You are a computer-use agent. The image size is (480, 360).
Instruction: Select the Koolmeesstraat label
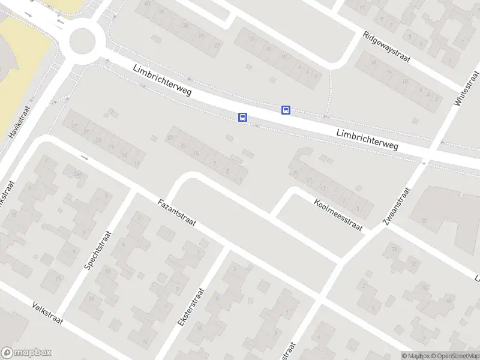338,215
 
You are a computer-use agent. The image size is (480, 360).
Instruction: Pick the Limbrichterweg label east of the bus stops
367,139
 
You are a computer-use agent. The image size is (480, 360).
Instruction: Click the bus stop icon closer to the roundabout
242,118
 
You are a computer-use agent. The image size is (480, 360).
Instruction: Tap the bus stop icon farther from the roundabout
286,110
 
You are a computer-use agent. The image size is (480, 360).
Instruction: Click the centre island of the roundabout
82,41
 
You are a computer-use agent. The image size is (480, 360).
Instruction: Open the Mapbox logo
26,353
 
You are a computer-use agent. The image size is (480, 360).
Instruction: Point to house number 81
425,221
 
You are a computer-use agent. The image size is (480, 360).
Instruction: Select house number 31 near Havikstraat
74,127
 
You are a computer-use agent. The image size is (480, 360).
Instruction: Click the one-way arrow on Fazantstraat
84,158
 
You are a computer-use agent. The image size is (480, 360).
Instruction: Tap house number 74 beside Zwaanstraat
394,249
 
